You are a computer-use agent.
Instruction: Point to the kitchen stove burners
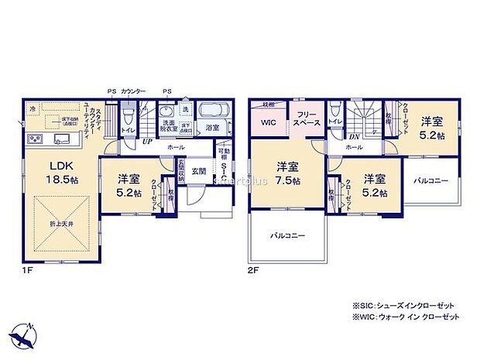[36, 139]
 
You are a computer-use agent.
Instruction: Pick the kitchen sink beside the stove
[62, 139]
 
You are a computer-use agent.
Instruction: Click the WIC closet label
[268, 122]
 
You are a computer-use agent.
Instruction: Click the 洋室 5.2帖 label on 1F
[129, 184]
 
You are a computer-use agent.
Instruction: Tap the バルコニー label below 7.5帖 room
[286, 234]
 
